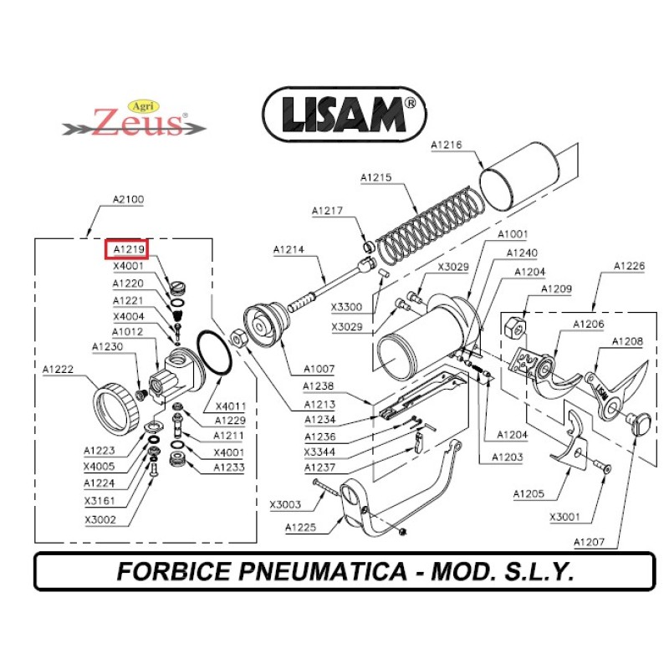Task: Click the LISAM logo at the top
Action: (x=345, y=115)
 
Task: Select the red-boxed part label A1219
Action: (x=125, y=249)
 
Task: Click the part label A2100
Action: (x=128, y=200)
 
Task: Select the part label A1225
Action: (x=299, y=528)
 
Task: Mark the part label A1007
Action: (x=317, y=369)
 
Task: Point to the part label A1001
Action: (x=512, y=235)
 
